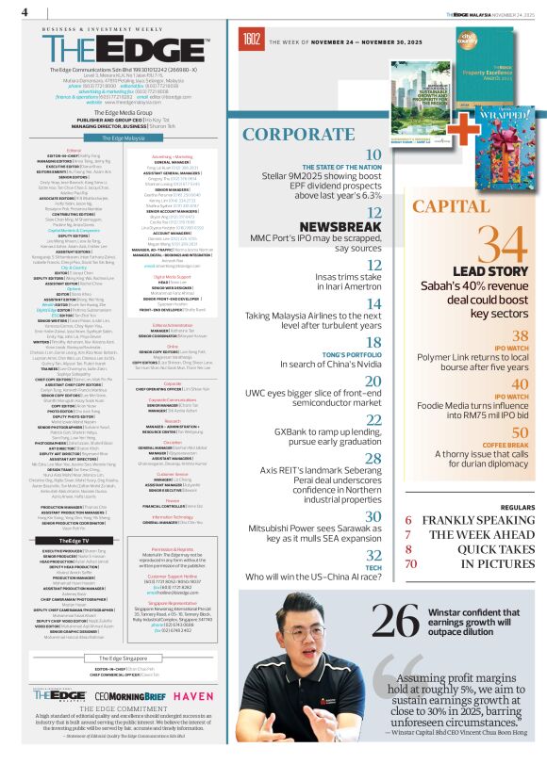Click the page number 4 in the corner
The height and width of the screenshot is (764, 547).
[x=25, y=11]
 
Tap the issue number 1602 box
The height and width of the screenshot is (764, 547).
[x=252, y=39]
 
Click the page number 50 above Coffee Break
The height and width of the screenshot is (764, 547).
[x=520, y=431]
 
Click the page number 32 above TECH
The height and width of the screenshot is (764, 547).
[x=373, y=555]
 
